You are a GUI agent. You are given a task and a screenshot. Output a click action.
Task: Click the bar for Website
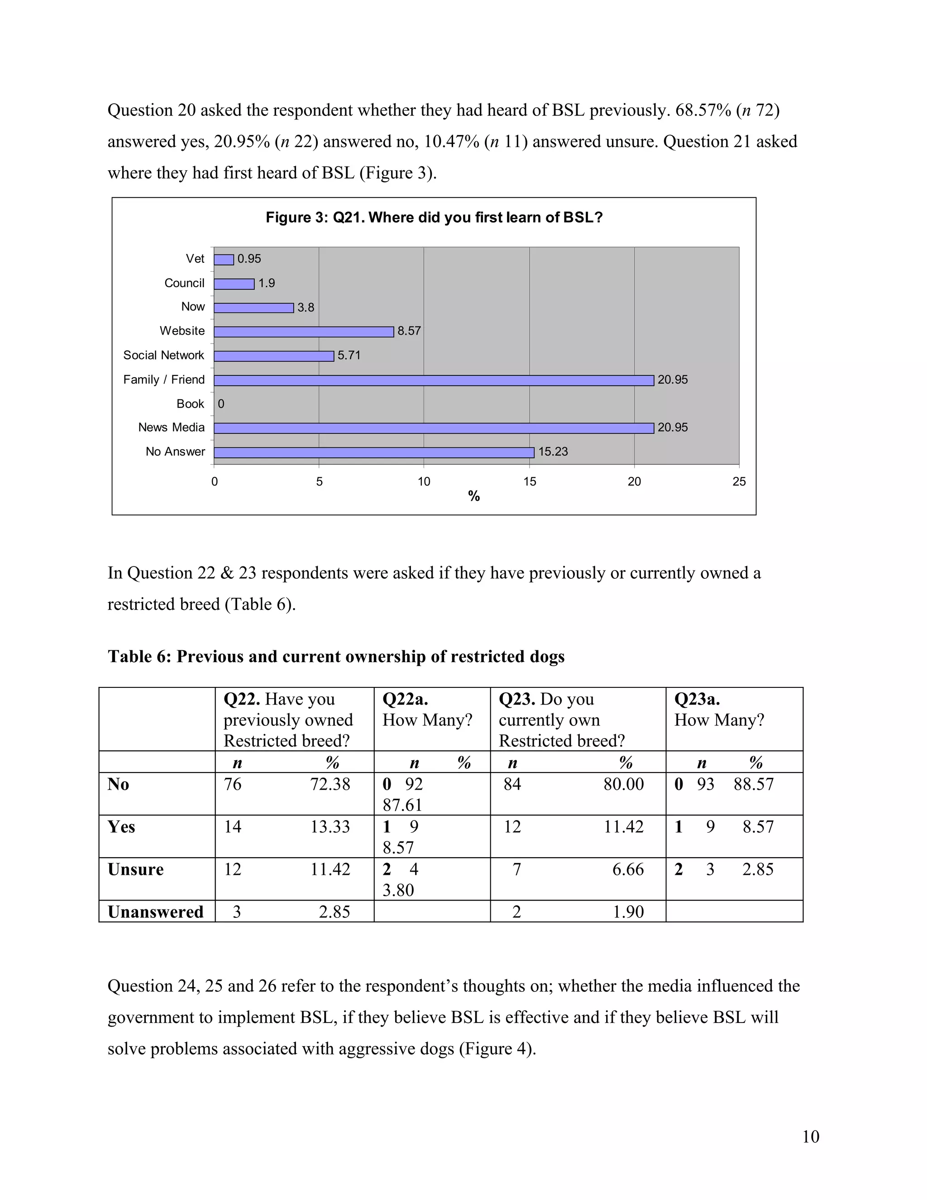[304, 331]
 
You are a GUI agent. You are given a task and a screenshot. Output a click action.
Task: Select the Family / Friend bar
[434, 380]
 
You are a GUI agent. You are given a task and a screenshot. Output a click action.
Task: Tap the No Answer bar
[373, 452]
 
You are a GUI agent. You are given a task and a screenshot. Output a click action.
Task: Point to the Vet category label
[195, 259]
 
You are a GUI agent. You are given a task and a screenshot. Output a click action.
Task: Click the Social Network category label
[164, 355]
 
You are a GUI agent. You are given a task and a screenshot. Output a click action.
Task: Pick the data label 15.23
[553, 451]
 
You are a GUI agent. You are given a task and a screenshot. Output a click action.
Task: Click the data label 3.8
[306, 307]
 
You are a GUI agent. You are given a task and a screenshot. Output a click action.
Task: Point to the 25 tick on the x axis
[739, 482]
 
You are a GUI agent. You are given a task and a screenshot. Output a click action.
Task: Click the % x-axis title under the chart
[474, 497]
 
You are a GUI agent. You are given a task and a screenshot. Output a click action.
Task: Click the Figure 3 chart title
[434, 217]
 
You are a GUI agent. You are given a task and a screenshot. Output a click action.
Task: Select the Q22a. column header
[405, 700]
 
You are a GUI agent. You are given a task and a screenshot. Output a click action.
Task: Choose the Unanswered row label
[155, 912]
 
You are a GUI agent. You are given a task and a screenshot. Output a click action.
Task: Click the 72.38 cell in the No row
[330, 785]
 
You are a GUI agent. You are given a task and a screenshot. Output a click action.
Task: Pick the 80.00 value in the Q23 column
[623, 785]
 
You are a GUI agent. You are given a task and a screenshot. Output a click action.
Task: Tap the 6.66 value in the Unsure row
[628, 870]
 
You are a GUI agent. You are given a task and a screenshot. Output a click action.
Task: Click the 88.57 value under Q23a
[754, 785]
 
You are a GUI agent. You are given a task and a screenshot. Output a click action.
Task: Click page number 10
[811, 1137]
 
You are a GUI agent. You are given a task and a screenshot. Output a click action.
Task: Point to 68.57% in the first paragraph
[703, 110]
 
